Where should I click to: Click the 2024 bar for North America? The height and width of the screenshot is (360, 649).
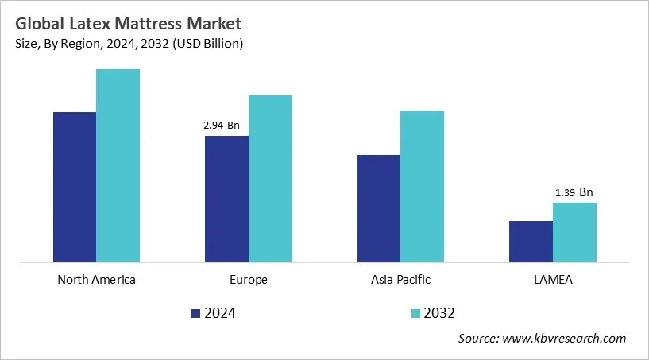75,187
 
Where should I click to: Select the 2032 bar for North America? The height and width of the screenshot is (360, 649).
118,165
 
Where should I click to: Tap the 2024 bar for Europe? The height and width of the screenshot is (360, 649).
226,199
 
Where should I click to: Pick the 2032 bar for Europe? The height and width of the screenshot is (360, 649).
270,178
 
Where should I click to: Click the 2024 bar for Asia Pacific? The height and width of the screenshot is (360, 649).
379,208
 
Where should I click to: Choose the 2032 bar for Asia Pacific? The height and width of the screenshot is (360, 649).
422,186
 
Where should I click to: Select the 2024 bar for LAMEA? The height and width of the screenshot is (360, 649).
531,242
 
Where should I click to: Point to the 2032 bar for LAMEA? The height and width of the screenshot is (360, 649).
574,232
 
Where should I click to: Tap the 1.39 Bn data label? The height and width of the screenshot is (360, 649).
574,192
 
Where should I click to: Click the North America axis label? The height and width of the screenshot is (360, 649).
96,280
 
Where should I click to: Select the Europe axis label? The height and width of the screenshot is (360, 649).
249,280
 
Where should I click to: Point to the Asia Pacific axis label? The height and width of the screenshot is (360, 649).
400,280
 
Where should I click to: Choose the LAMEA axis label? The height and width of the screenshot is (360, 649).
553,280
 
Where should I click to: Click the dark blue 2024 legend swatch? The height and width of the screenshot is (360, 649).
195,313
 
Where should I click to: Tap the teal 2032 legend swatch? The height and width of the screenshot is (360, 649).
415,313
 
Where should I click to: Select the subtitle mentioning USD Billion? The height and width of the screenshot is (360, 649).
128,44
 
